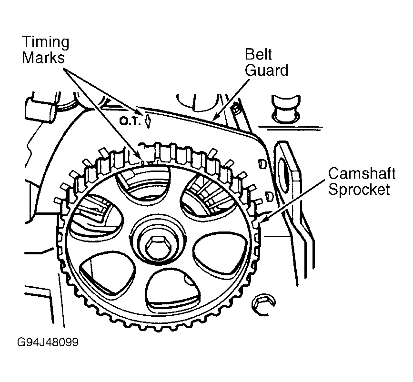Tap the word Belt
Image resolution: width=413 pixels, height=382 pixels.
point(259,55)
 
